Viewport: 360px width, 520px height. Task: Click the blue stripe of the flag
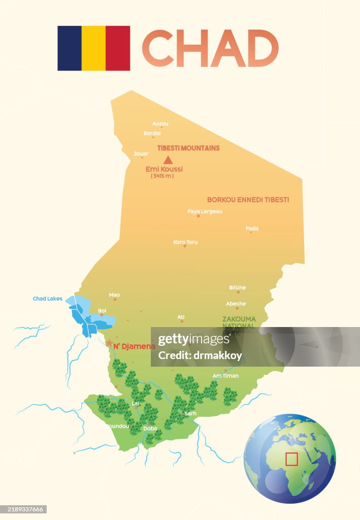[x=70, y=48]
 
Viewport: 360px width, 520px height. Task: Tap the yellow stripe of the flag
[x=93, y=48]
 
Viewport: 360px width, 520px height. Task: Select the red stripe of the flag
[x=118, y=48]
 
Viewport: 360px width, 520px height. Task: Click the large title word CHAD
[x=210, y=48]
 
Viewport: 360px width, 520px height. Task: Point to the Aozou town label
[x=160, y=123]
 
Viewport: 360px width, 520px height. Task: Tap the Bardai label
[x=152, y=134]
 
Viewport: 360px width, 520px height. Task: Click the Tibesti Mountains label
[x=188, y=148]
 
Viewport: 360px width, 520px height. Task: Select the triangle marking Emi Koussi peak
[x=168, y=160]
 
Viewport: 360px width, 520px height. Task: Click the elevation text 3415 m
[x=162, y=176]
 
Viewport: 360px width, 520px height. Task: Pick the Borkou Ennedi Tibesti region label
[x=248, y=200]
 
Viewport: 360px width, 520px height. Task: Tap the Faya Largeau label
[x=205, y=211]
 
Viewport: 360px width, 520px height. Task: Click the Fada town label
[x=252, y=229]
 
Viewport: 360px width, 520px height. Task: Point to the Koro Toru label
[x=185, y=242]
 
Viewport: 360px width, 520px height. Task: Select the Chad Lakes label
[x=47, y=299]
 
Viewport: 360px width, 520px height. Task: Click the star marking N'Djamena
[x=109, y=343]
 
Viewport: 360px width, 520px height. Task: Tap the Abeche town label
[x=236, y=304]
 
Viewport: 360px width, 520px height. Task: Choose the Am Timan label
[x=225, y=376]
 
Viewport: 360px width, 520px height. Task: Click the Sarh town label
[x=190, y=414]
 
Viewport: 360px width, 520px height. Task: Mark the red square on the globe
[x=291, y=459]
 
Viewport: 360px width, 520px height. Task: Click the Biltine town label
[x=237, y=287]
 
